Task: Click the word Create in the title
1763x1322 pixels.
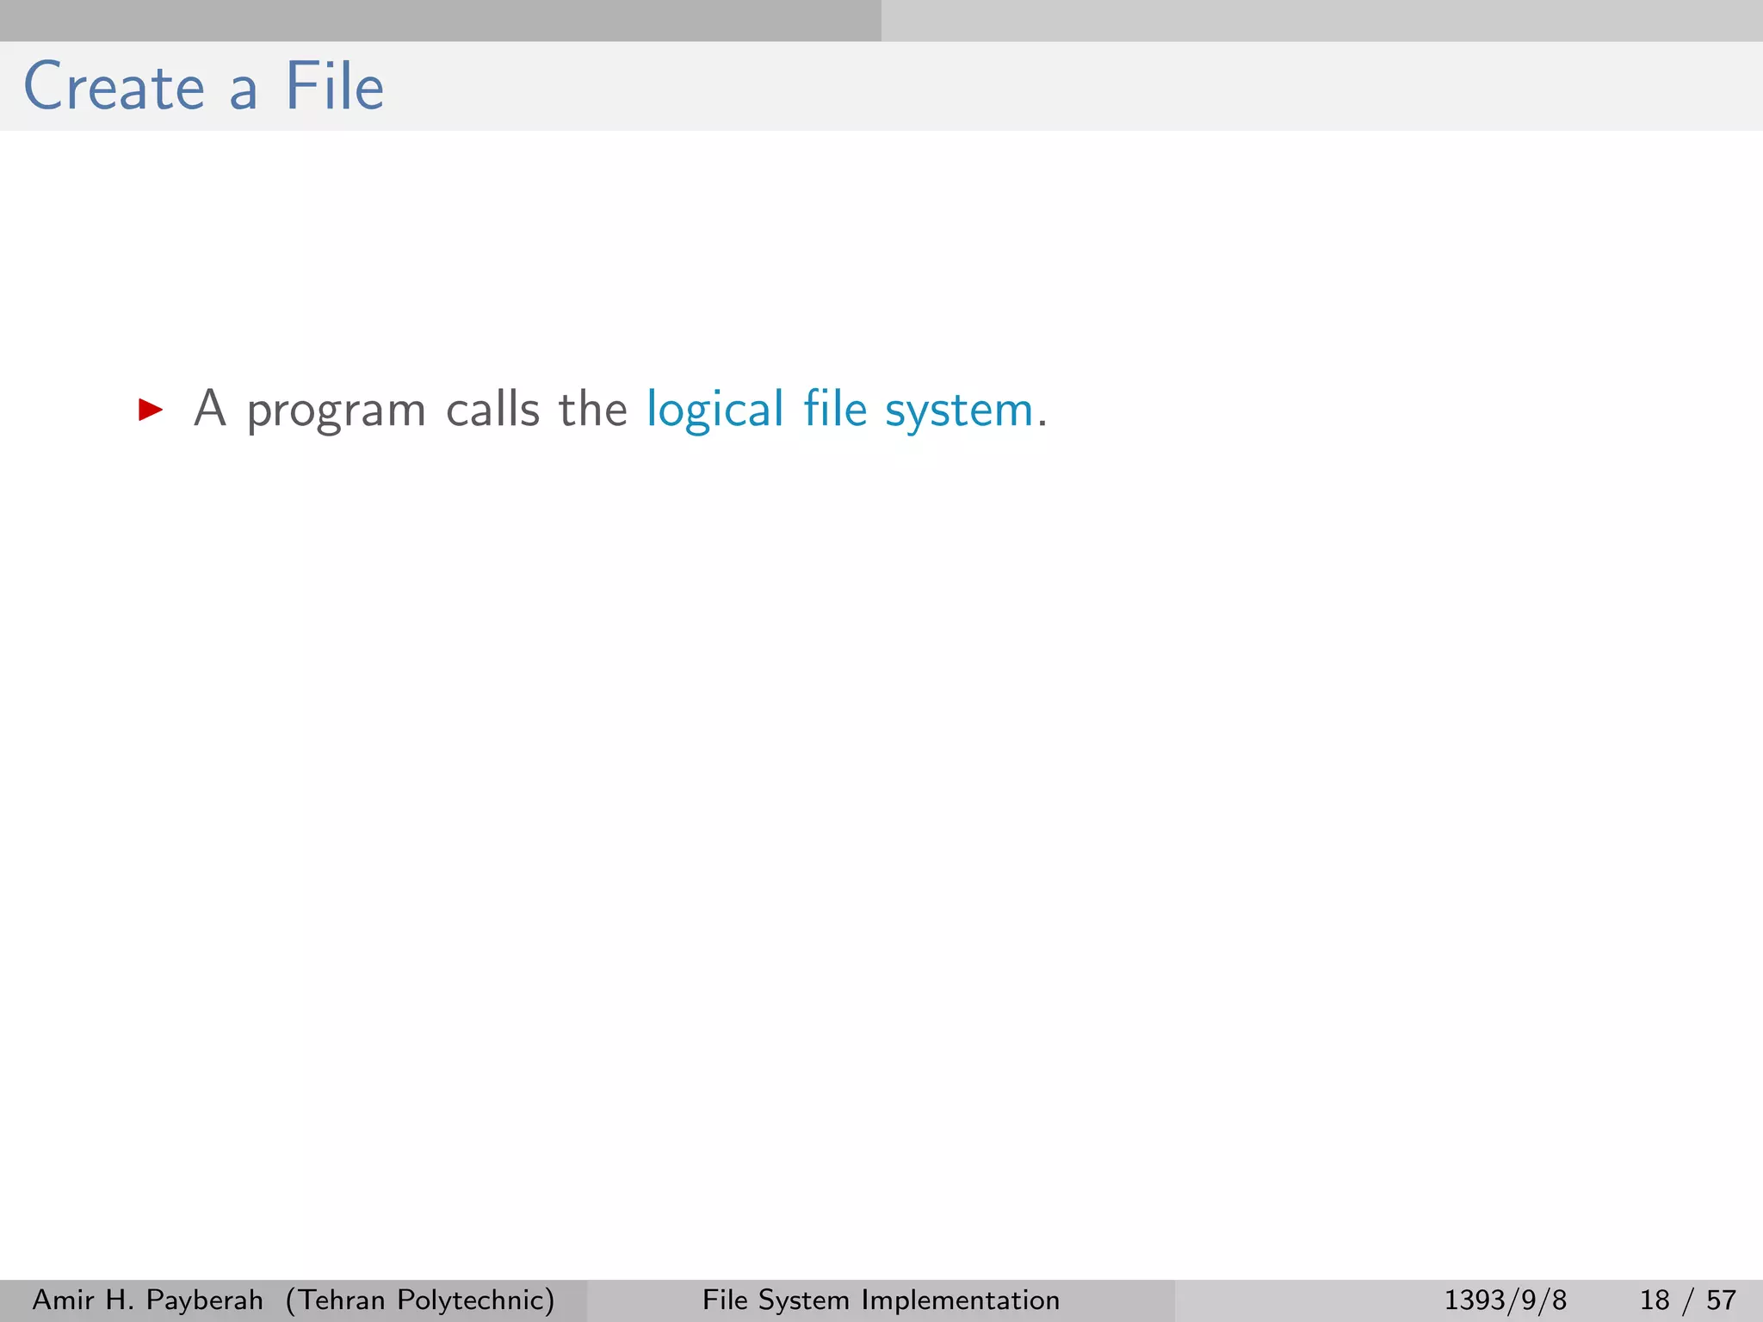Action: coord(114,87)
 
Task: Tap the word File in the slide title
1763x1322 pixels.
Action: coord(334,87)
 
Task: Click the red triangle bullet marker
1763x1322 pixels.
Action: coord(151,410)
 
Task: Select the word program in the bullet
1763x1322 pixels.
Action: coord(336,411)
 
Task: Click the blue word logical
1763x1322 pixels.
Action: coord(715,410)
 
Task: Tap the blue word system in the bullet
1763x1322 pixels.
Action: coord(959,411)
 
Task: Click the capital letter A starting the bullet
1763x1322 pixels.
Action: coord(210,408)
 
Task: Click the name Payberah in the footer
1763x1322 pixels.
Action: coord(205,1300)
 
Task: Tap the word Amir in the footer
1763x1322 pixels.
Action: coord(63,1300)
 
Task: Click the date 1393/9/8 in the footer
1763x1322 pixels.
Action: coord(1505,1300)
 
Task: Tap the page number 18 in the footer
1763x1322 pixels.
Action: coord(1655,1300)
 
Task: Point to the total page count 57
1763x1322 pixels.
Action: coord(1722,1300)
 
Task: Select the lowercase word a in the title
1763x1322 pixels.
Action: coord(244,91)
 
